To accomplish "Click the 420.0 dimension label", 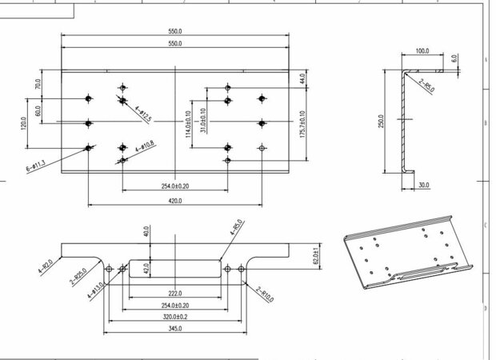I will [174, 202].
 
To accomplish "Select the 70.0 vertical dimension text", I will [37, 84].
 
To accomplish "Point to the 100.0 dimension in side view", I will [423, 51].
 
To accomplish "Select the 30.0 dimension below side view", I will [423, 186].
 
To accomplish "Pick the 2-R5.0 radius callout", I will [425, 85].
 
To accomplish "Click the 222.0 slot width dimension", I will [174, 294].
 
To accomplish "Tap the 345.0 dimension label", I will [174, 329].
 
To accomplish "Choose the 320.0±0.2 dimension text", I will [174, 317].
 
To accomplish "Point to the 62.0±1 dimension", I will [315, 255].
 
